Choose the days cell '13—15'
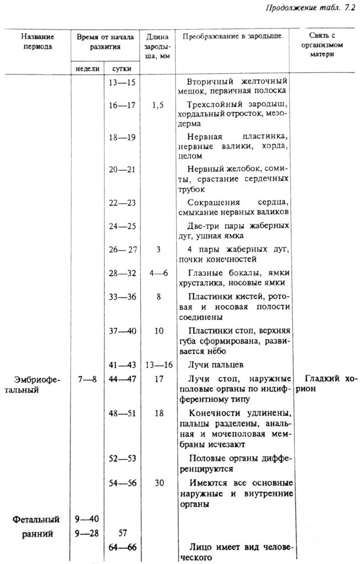pyautogui.click(x=122, y=82)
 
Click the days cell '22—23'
pyautogui.click(x=122, y=203)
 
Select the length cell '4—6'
pyautogui.click(x=158, y=273)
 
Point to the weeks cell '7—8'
pyautogui.click(x=87, y=379)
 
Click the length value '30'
pyautogui.click(x=158, y=483)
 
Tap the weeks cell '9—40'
pyautogui.click(x=87, y=519)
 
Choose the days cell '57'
pyautogui.click(x=122, y=533)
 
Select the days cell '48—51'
pyautogui.click(x=122, y=413)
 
